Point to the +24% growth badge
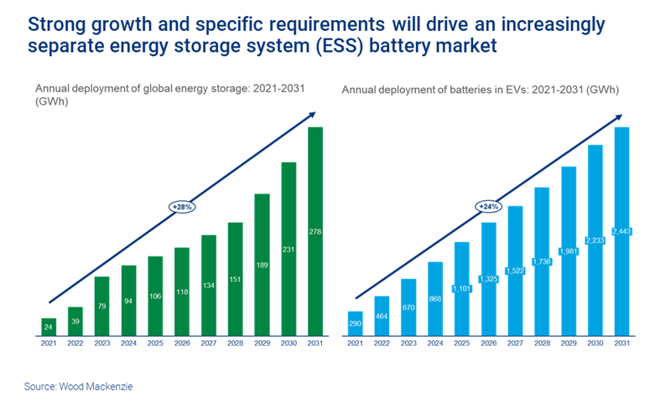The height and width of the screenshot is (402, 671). (488, 206)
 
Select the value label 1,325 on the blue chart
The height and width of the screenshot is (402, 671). (488, 278)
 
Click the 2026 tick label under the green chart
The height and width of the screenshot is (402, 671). (182, 343)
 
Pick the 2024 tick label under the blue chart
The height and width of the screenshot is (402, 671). (435, 343)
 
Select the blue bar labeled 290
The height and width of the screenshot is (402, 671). (356, 323)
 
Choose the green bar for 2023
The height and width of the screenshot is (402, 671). (102, 306)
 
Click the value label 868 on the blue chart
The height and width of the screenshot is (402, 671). (435, 299)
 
